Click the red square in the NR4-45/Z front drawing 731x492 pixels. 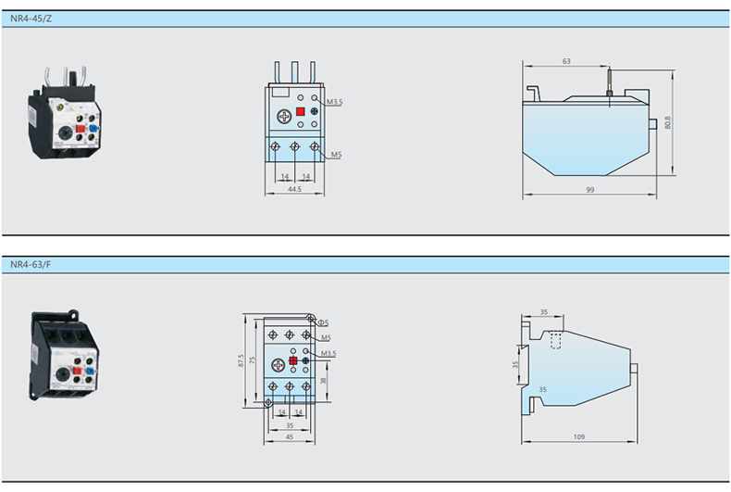tap(301, 111)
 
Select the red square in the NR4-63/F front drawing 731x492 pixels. tap(293, 362)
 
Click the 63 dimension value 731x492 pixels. tap(565, 62)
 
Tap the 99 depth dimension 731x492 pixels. tap(589, 190)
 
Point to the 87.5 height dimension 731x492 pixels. tap(241, 360)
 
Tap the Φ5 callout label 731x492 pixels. tap(324, 323)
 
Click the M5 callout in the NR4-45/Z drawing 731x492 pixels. tap(335, 155)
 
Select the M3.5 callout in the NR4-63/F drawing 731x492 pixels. tap(328, 353)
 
